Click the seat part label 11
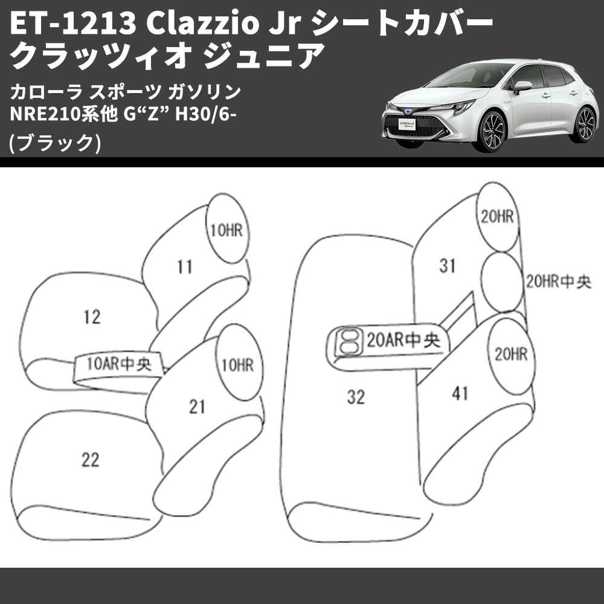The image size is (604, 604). (185, 266)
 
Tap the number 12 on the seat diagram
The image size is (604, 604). (92, 316)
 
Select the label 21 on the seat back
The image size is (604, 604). (197, 407)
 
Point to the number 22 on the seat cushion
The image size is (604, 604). (90, 460)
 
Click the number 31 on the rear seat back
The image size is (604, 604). (447, 266)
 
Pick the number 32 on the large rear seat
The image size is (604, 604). (356, 397)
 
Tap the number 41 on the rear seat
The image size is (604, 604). (460, 394)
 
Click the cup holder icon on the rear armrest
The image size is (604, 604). (347, 341)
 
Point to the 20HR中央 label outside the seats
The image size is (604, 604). (558, 282)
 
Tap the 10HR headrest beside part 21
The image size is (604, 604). (236, 365)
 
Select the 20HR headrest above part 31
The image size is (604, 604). (498, 217)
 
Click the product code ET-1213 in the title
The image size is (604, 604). (66, 24)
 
